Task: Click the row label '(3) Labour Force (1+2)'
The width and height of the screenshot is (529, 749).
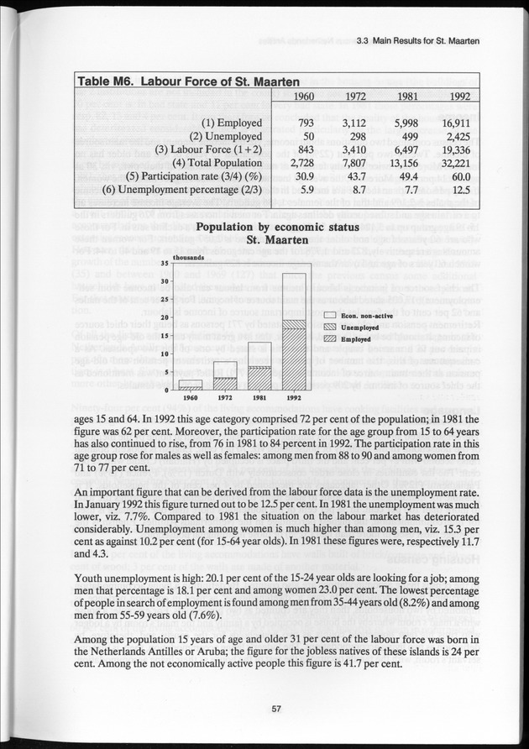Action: click(x=214, y=149)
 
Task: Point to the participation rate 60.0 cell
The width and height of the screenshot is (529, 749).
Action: click(x=458, y=176)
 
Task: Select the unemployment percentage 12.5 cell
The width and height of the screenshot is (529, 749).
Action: click(x=458, y=190)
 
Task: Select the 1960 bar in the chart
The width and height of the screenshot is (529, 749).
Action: click(x=191, y=385)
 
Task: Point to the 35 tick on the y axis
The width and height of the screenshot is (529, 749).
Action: click(x=165, y=264)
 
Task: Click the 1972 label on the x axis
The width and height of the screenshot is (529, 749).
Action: click(x=225, y=397)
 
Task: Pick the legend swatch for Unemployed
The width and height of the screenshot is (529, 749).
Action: click(x=331, y=327)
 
